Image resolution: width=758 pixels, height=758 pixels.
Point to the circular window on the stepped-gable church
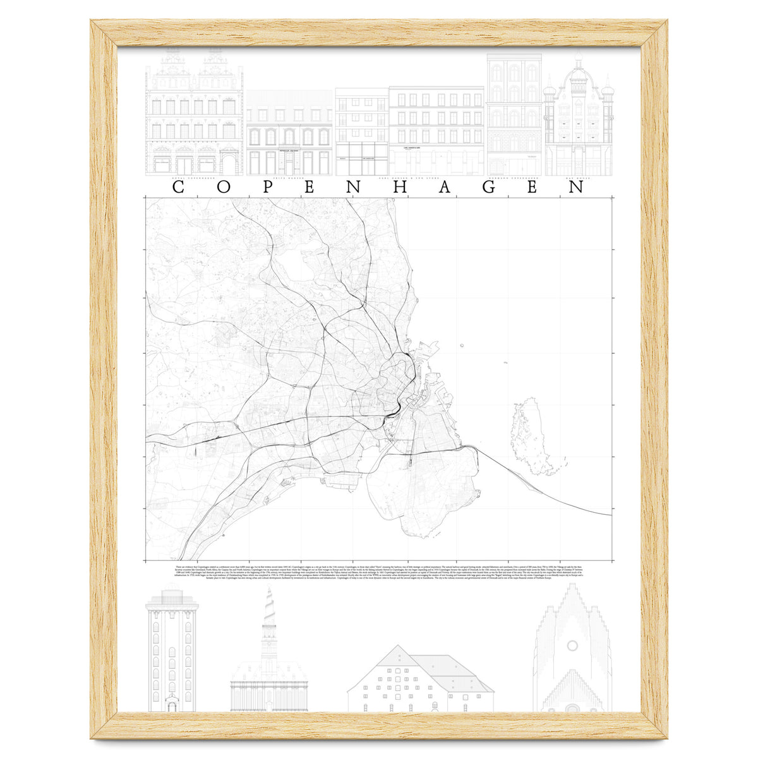pos(572,646)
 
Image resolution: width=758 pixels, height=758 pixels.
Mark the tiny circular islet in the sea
pos(462,345)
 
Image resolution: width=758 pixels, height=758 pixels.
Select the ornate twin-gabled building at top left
pos(194,114)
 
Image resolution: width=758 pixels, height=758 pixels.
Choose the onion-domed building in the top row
pos(578,117)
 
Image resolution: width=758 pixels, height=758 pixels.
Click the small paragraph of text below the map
pos(379,572)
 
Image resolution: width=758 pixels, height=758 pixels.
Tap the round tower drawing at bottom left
pos(171,651)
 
